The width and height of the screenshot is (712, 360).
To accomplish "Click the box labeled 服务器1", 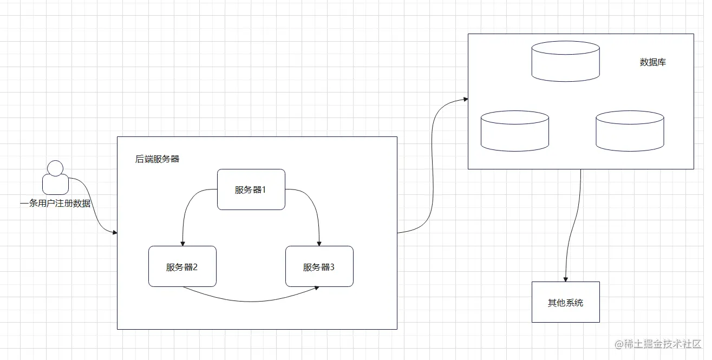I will (x=251, y=189).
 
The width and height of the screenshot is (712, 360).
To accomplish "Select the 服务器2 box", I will (x=182, y=266).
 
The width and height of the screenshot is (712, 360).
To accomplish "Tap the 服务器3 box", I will (x=319, y=266).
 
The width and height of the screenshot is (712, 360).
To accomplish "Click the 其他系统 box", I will (x=565, y=302).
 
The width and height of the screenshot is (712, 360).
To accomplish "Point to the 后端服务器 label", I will (x=157, y=159).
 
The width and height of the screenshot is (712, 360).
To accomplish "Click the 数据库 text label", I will (x=652, y=62).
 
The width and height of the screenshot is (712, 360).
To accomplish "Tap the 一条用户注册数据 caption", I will (x=55, y=204).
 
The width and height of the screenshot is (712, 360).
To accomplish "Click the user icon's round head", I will (x=55, y=168).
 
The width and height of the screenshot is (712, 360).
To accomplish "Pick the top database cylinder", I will (x=565, y=61).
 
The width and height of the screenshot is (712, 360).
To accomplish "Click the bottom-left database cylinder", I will (x=514, y=130).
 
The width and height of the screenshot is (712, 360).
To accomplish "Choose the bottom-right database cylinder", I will (x=630, y=130).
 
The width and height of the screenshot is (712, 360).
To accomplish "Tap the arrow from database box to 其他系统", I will (x=574, y=227).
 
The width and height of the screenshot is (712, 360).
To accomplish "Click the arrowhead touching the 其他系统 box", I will (x=566, y=278).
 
